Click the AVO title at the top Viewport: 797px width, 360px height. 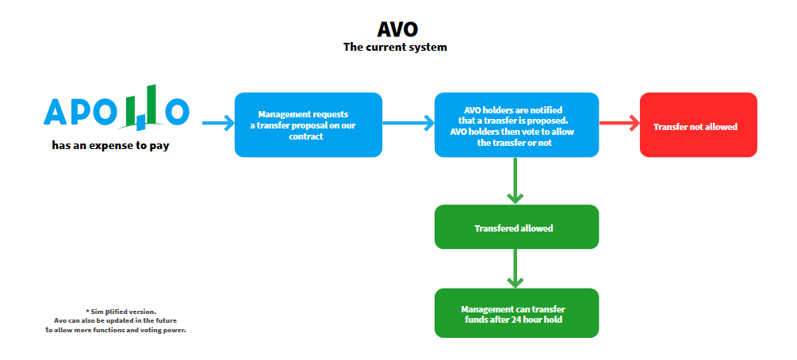397,29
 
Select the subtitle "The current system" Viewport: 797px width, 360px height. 395,48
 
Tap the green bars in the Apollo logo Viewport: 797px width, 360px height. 143,105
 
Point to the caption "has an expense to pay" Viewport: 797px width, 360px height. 110,146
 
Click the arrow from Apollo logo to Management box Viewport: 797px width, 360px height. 218,123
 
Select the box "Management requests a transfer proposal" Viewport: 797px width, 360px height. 308,124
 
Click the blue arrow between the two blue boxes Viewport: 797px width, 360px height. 408,123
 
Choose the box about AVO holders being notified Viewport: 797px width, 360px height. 516,124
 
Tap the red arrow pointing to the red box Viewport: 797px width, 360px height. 619,123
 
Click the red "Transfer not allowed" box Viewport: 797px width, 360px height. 699,124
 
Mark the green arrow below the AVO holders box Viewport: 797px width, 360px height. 515,181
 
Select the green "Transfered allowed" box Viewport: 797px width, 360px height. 516,227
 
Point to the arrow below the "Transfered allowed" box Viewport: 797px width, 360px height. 515,269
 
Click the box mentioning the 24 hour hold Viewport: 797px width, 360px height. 516,312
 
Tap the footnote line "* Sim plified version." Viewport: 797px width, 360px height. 121,311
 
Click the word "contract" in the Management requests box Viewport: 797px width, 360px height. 306,136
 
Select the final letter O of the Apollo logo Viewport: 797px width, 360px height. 178,113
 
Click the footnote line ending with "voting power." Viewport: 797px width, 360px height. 116,330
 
